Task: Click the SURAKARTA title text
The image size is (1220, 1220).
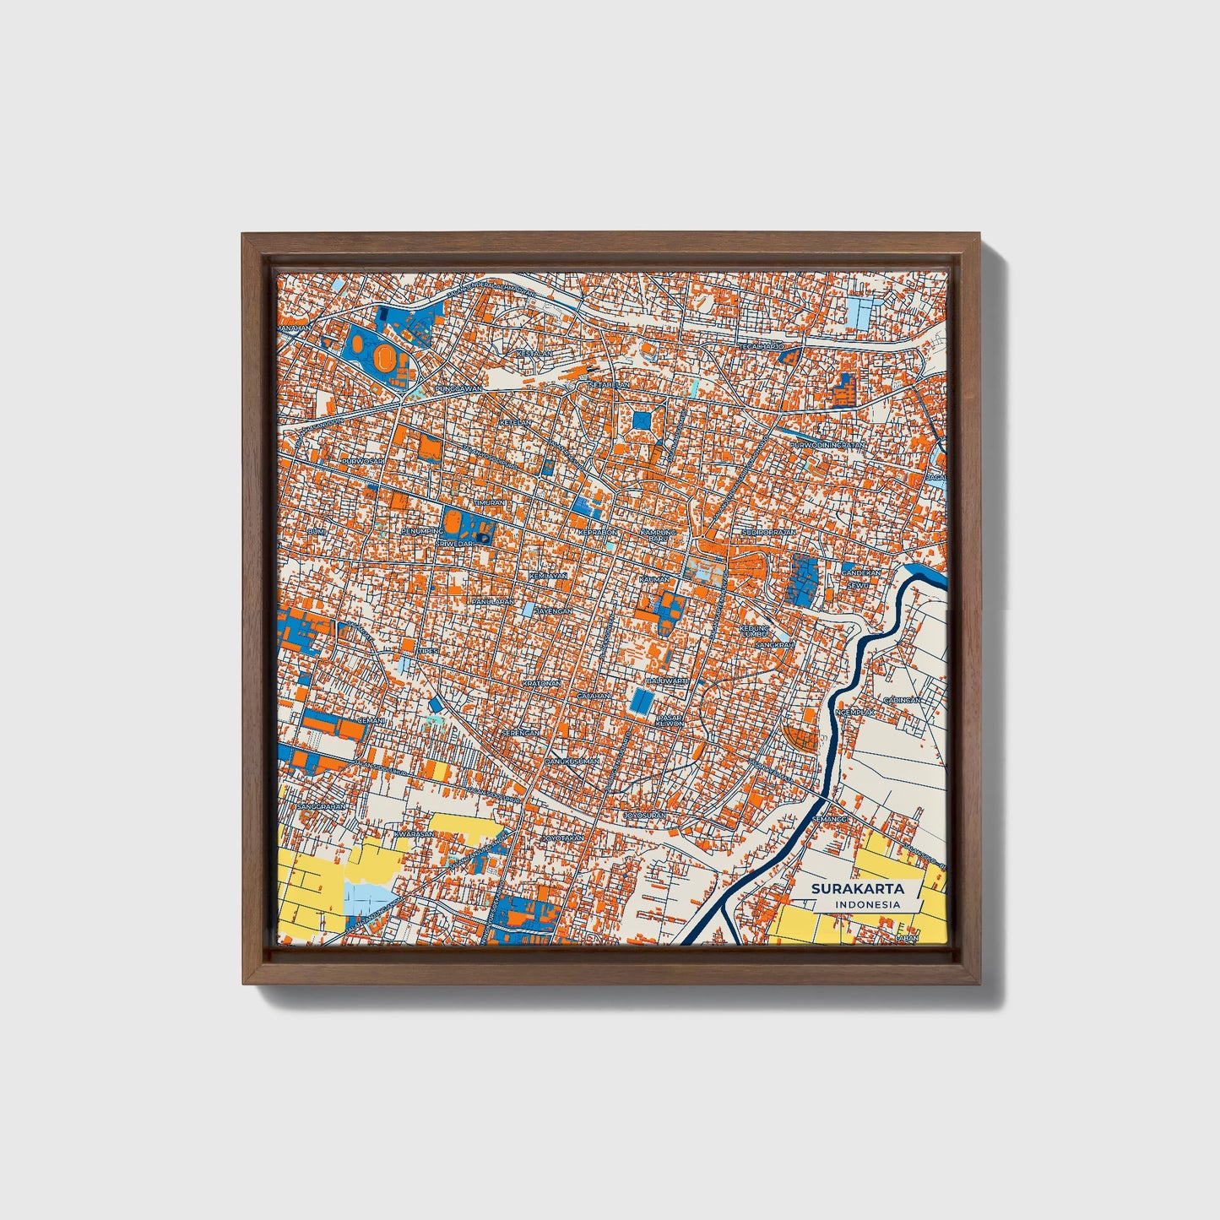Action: pyautogui.click(x=857, y=889)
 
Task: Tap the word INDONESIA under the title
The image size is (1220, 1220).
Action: pyautogui.click(x=867, y=904)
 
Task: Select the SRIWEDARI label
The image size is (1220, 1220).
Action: pyautogui.click(x=456, y=545)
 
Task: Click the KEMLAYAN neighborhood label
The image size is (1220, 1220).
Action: pyautogui.click(x=547, y=575)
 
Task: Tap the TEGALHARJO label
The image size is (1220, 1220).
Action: pyautogui.click(x=762, y=346)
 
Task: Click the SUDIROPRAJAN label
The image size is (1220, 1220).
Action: pyautogui.click(x=769, y=534)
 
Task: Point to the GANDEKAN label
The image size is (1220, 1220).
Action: pyautogui.click(x=860, y=572)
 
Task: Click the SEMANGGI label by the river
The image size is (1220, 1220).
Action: pyautogui.click(x=829, y=819)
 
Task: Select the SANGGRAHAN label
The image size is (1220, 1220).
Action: pyautogui.click(x=322, y=806)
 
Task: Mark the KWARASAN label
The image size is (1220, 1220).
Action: pyautogui.click(x=414, y=834)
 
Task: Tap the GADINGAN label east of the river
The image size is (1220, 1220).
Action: pyautogui.click(x=902, y=700)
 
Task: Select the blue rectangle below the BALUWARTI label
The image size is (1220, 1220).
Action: pyautogui.click(x=643, y=700)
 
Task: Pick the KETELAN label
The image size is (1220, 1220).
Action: pyautogui.click(x=516, y=421)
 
